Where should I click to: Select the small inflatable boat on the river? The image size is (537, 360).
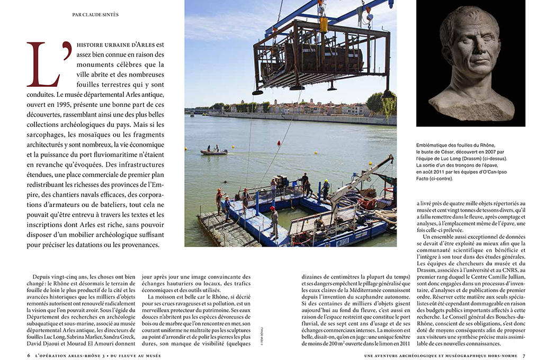click(214, 152)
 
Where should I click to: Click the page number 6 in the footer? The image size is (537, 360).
click(29, 355)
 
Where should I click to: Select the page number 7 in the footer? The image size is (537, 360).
click(523, 355)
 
